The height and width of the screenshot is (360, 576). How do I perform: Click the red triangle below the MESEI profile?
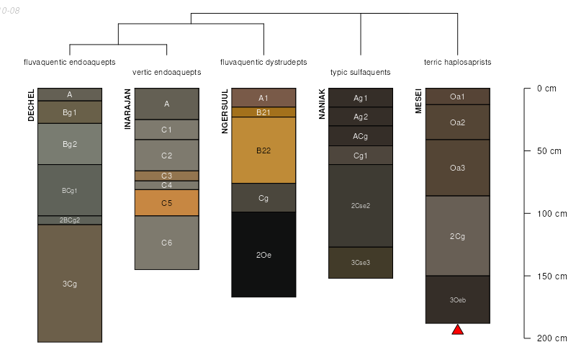click(x=457, y=330)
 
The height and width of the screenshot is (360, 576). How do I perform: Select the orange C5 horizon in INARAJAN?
click(x=166, y=203)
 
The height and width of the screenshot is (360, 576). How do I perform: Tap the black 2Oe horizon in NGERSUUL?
click(x=264, y=254)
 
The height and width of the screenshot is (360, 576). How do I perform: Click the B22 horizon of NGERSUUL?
click(x=264, y=150)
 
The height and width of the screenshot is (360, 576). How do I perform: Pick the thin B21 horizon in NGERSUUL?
click(x=264, y=112)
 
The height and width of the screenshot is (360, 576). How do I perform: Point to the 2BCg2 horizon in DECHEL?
click(x=70, y=220)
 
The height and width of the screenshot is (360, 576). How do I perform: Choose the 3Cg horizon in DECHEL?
click(x=70, y=284)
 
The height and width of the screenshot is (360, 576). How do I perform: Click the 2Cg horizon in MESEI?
click(x=457, y=236)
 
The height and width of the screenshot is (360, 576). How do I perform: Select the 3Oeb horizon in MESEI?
click(x=457, y=300)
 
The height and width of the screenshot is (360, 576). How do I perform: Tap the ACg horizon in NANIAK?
click(x=361, y=136)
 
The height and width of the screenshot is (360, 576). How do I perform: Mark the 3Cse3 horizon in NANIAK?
click(x=361, y=263)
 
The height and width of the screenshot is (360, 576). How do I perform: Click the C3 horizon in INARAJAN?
click(x=166, y=176)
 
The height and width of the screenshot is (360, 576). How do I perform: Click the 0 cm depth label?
click(x=547, y=89)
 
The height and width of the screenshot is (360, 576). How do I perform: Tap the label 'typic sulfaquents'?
click(x=360, y=73)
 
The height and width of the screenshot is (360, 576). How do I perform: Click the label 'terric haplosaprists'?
click(x=457, y=63)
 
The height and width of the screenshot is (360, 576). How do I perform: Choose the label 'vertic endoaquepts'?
click(x=166, y=73)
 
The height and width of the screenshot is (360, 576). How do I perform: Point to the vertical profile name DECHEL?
click(x=31, y=105)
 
